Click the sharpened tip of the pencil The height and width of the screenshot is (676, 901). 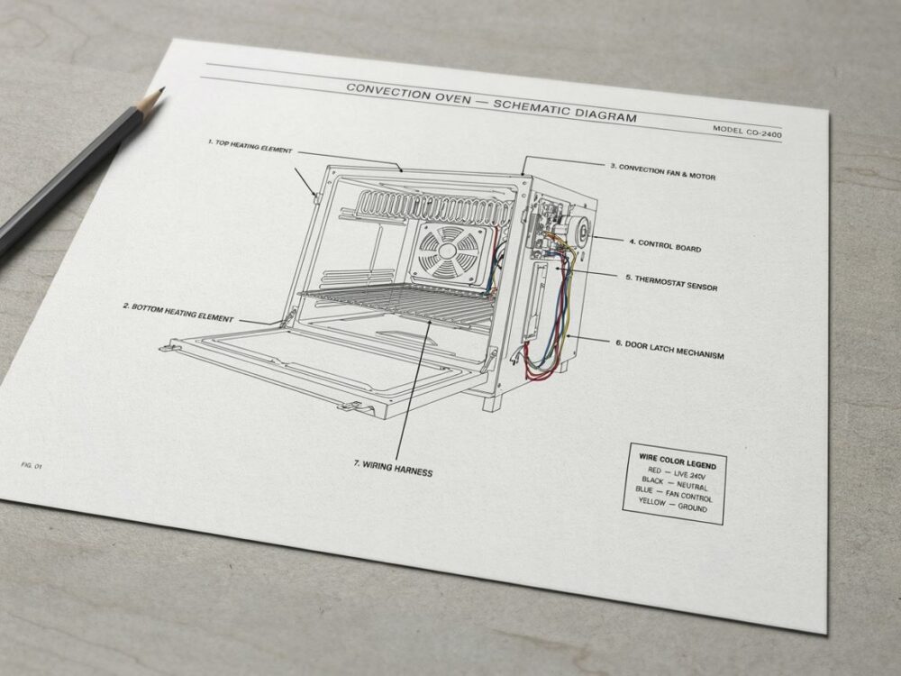(164, 88)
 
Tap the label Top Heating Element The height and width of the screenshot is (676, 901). (250, 146)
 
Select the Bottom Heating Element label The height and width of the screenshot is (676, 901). (178, 312)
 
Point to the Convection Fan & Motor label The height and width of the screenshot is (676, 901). (662, 171)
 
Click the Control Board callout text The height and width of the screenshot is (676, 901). (665, 245)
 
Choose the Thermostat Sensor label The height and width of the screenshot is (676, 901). (671, 282)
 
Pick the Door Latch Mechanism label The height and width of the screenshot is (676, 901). (669, 349)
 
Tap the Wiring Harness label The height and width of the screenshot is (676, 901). (393, 469)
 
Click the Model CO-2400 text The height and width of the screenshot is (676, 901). (747, 131)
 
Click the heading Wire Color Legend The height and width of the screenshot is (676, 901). (678, 461)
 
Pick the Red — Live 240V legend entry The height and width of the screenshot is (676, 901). (677, 473)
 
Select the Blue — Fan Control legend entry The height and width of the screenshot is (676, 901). (673, 494)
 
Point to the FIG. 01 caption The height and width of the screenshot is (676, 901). (32, 465)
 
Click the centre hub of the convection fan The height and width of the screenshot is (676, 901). (447, 251)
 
